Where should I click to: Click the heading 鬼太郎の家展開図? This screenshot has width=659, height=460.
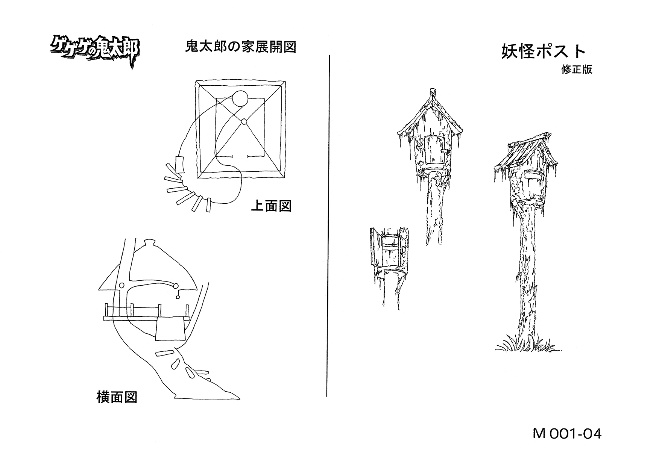pyautogui.click(x=241, y=47)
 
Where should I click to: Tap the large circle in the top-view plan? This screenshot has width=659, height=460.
pyautogui.click(x=240, y=99)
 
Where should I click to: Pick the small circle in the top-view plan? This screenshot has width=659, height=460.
pyautogui.click(x=244, y=121)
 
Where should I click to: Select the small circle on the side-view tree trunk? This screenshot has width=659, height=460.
pyautogui.click(x=122, y=285)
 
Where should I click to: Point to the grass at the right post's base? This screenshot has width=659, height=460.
pyautogui.click(x=527, y=344)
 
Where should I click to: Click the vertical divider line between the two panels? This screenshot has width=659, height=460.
pyautogui.click(x=328, y=225)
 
